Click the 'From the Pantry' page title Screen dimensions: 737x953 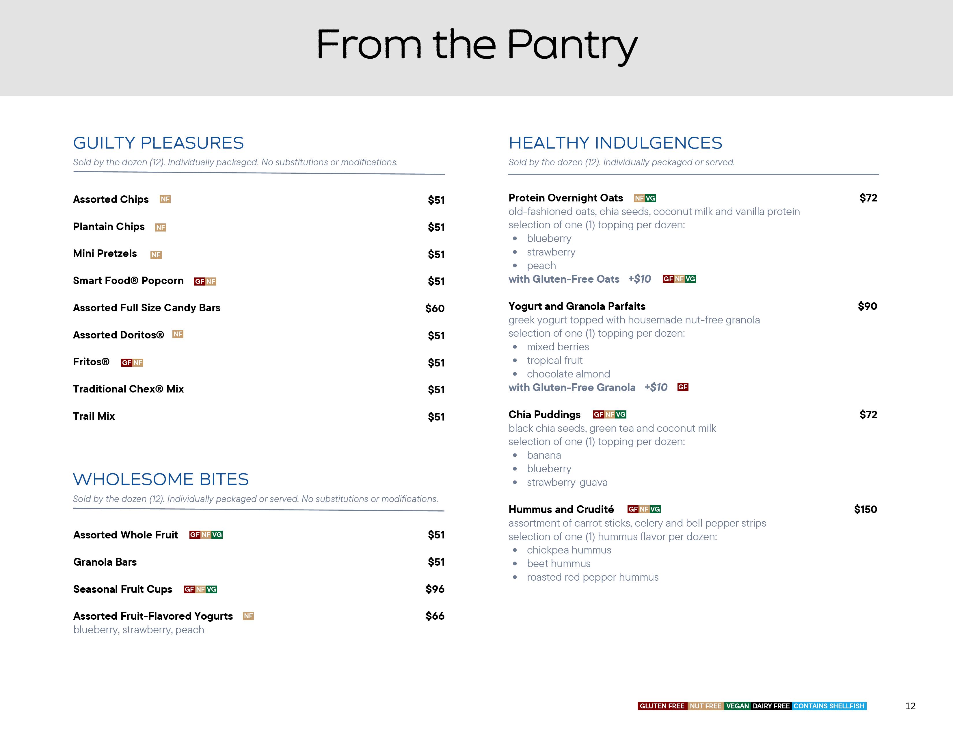(477, 45)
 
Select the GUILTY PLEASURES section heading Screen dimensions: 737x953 (158, 143)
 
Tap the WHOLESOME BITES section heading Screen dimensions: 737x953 (161, 479)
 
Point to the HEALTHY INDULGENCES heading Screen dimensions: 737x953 (615, 143)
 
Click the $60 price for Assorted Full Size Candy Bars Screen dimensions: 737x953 (435, 308)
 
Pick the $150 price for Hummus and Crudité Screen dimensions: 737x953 (865, 509)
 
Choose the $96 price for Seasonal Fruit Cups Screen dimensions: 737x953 (435, 589)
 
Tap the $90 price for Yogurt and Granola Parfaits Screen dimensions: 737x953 (867, 306)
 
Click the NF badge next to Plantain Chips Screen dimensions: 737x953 (161, 227)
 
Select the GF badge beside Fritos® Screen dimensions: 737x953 (126, 363)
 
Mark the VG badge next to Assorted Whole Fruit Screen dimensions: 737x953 (217, 535)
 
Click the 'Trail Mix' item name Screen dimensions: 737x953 (94, 416)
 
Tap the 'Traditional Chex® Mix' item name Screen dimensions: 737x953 (128, 389)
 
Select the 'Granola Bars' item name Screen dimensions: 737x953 (105, 562)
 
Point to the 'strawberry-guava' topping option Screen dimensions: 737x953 (567, 482)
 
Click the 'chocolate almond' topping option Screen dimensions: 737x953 (568, 374)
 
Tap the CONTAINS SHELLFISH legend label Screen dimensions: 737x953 (829, 706)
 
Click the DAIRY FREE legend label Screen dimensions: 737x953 (771, 706)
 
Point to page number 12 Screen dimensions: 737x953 (910, 706)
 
